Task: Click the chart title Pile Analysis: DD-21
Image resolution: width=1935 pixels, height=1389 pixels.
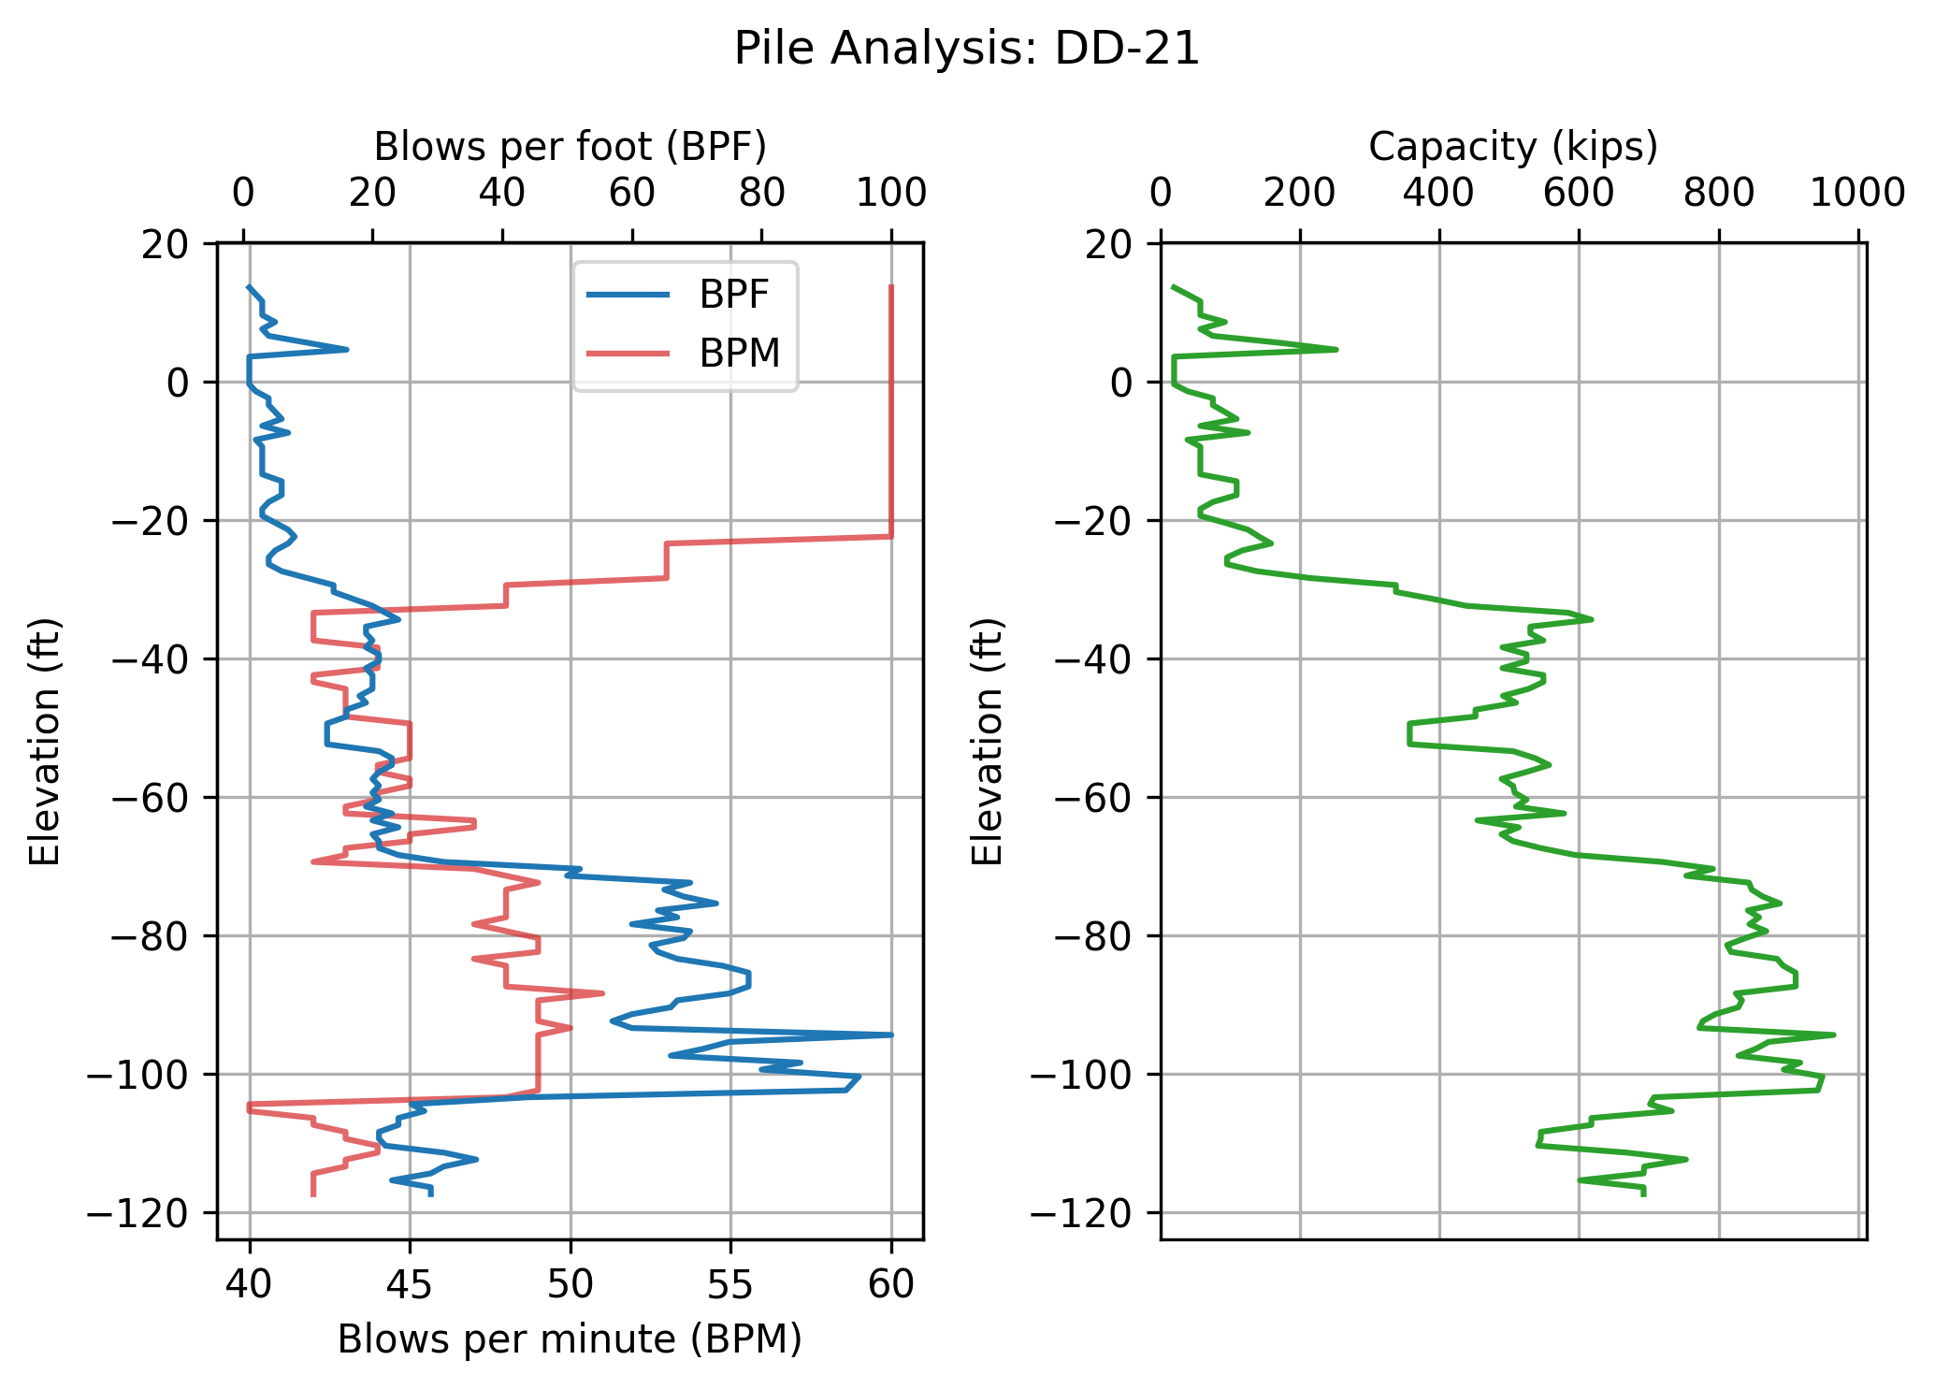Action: (966, 49)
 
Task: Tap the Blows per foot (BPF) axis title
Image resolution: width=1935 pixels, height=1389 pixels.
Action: (570, 147)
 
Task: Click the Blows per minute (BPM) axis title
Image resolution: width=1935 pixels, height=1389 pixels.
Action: (570, 1339)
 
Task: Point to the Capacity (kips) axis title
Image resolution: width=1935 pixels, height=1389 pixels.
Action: (1512, 147)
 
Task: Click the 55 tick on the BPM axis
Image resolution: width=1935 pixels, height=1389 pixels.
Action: (730, 1284)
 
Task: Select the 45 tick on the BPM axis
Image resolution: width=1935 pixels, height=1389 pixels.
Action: (410, 1284)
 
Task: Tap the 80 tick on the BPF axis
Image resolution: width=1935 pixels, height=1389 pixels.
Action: (761, 194)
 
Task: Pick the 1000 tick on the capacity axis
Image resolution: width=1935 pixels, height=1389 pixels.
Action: (1857, 194)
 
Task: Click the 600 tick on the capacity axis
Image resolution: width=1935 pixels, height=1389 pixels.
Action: (1579, 194)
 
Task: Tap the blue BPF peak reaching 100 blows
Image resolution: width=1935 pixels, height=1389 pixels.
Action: (891, 1035)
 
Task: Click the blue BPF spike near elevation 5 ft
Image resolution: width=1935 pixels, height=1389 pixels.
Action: (347, 349)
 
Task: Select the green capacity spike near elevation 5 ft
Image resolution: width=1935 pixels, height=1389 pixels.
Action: (1336, 349)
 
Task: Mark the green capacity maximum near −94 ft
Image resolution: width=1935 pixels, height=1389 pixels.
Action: (1834, 1035)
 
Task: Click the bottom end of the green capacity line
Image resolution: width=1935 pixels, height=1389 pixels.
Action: (1643, 1194)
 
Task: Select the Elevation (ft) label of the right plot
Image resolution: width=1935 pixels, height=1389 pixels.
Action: (987, 742)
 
